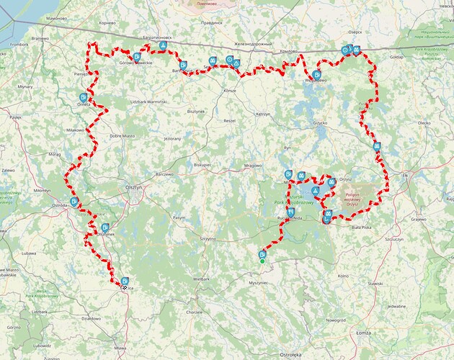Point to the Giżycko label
click(x=320, y=123)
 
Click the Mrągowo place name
click(x=252, y=165)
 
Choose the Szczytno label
click(x=210, y=238)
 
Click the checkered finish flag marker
click(x=124, y=288)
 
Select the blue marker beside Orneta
click(x=84, y=97)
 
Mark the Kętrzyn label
click(x=262, y=114)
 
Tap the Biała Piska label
click(x=376, y=226)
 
